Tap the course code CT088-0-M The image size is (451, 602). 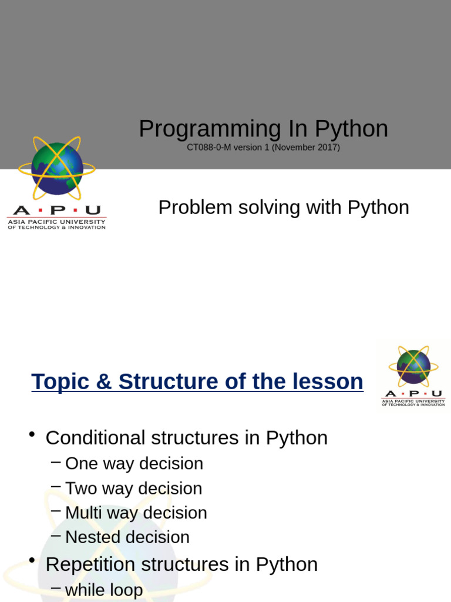[x=208, y=148]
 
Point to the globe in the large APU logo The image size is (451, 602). [x=57, y=169]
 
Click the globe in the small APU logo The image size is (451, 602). [x=413, y=367]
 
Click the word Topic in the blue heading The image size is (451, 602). [x=60, y=382]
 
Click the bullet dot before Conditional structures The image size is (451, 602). [x=32, y=434]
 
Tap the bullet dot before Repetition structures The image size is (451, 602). [x=32, y=560]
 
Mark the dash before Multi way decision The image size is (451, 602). [x=56, y=511]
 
